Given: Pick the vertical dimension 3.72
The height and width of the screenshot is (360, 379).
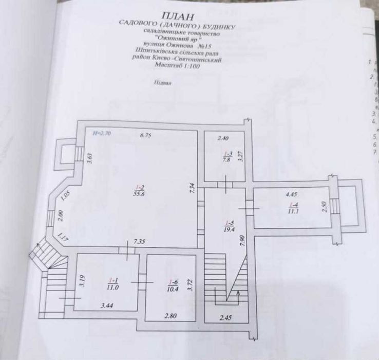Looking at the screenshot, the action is click(190, 282).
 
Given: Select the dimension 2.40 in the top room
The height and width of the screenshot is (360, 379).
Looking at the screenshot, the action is click(222, 138).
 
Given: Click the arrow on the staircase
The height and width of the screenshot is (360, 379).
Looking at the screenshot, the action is click(238, 295).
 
